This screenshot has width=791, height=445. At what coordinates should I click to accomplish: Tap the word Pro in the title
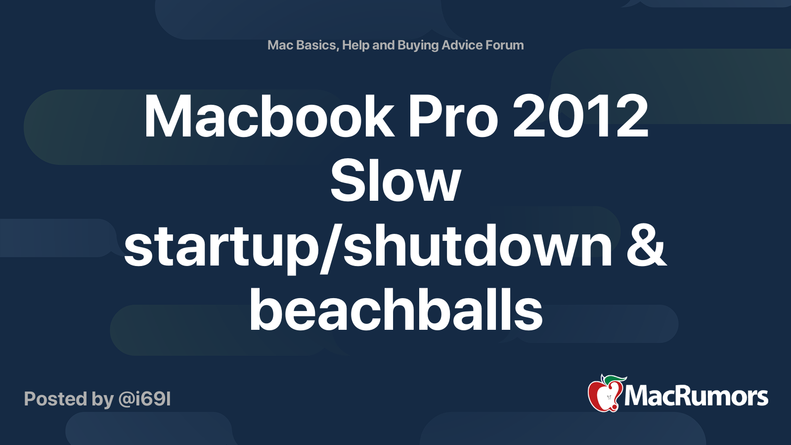452,117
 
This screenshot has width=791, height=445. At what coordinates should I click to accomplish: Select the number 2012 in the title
580,117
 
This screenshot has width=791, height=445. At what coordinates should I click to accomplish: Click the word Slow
395,181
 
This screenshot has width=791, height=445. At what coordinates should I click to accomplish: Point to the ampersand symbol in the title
646,246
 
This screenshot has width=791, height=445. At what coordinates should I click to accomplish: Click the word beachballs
395,310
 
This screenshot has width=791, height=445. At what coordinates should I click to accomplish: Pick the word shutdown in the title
478,246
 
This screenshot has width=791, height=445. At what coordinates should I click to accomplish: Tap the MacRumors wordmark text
696,397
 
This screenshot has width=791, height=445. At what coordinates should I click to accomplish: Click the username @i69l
144,399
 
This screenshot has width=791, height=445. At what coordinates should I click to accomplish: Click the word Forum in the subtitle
504,45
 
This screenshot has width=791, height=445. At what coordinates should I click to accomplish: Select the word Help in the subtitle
355,45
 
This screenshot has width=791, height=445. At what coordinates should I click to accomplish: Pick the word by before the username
103,399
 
